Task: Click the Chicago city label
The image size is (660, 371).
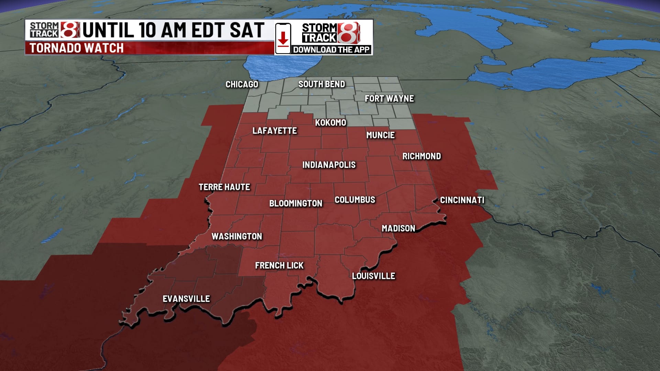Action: [242, 85]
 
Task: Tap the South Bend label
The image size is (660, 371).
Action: [321, 84]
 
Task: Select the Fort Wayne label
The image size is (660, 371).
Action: [389, 99]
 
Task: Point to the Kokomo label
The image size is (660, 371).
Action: [330, 123]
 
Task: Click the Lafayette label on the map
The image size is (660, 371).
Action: [274, 131]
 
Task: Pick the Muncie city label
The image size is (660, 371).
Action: [380, 135]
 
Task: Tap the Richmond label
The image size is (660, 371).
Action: [421, 156]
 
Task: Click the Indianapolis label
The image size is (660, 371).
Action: [329, 165]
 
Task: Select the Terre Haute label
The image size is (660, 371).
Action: [224, 187]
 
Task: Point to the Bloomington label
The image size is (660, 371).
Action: [296, 203]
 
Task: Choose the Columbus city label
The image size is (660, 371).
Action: [355, 200]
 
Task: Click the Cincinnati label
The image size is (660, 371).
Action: [462, 200]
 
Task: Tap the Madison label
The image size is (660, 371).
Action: [398, 228]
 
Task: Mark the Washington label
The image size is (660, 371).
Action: [236, 236]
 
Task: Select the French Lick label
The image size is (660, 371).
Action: [279, 266]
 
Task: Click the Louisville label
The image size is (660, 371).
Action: [373, 276]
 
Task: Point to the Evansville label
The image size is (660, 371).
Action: [186, 299]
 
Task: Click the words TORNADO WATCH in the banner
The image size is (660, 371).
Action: [76, 48]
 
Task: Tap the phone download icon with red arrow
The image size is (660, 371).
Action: [283, 38]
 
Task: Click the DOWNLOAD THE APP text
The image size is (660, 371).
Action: [331, 50]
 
